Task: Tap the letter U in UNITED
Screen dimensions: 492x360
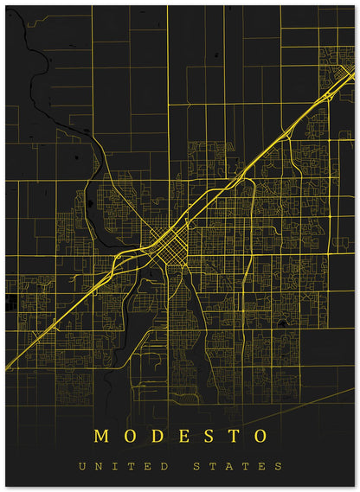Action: (81, 467)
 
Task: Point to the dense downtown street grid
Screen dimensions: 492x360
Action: (164, 242)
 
